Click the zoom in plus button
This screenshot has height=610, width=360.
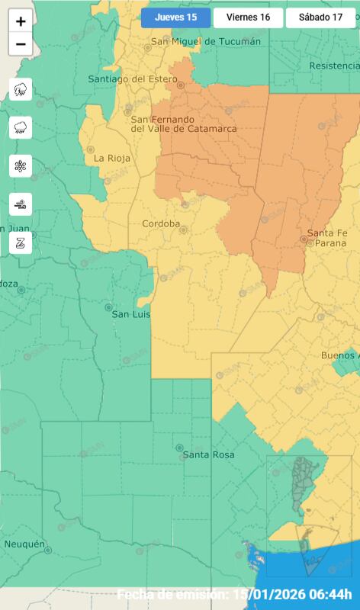tap(21, 21)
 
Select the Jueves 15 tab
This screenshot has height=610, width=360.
tap(175, 18)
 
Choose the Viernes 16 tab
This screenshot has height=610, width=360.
tap(248, 18)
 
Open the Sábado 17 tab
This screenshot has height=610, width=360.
tap(320, 18)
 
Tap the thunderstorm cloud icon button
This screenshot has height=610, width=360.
tap(21, 89)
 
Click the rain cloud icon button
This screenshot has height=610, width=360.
tap(21, 127)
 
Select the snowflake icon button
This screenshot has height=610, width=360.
tap(21, 165)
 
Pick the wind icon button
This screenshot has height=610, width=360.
tap(21, 204)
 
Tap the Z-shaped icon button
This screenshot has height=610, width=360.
tap(21, 242)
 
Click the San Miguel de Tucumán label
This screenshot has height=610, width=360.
tap(206, 41)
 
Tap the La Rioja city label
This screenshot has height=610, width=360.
tap(112, 159)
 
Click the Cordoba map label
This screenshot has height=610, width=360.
tap(161, 224)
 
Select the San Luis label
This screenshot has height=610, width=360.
tap(131, 314)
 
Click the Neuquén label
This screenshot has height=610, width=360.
tap(24, 544)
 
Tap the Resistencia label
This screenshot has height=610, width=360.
tap(334, 66)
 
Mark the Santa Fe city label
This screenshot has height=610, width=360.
tap(326, 233)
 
